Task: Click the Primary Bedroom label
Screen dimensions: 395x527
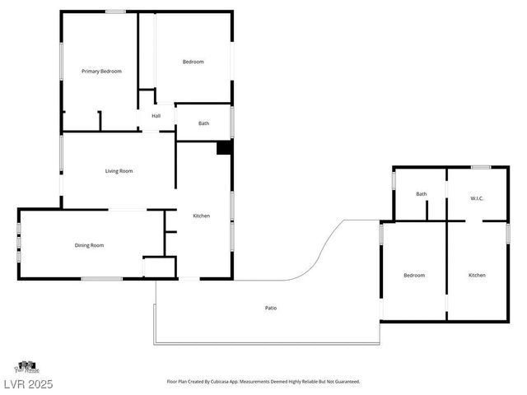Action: (x=101, y=72)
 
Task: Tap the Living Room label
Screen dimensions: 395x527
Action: (x=119, y=171)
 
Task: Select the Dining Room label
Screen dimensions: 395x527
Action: (x=90, y=245)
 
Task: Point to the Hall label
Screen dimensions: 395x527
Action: (x=156, y=116)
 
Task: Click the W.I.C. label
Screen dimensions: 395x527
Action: (x=477, y=198)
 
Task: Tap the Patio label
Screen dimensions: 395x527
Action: (x=271, y=308)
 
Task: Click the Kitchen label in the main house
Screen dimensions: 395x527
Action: (x=201, y=216)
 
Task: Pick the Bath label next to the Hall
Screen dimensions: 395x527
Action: (x=203, y=123)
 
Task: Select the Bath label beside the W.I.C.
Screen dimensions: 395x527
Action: (x=422, y=194)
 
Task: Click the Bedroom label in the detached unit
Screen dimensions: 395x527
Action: (x=413, y=275)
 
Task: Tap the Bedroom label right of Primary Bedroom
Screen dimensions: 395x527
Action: (x=193, y=62)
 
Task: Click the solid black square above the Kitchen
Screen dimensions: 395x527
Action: (x=223, y=148)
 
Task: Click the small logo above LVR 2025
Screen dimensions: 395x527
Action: (x=26, y=366)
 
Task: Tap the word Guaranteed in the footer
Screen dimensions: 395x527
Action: (x=344, y=382)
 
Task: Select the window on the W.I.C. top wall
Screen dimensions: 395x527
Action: (x=481, y=167)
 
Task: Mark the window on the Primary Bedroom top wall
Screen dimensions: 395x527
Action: (x=115, y=12)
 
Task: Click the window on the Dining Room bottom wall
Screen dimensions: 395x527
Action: (x=102, y=279)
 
